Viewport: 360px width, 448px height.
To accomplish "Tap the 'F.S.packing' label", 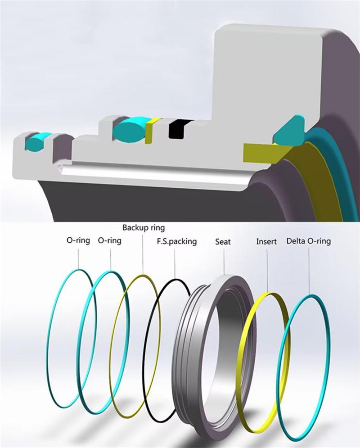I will [176, 241].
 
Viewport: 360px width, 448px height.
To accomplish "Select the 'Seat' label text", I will [223, 242].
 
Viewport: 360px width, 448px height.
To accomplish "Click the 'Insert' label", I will [266, 241].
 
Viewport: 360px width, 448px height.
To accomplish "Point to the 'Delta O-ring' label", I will [308, 241].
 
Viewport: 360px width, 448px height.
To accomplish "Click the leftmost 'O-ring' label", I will [79, 241].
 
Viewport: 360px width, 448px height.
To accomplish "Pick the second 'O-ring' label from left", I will [109, 241].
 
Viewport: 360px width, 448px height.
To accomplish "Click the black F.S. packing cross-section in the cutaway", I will [177, 129].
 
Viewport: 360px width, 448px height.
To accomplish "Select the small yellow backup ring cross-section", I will [151, 131].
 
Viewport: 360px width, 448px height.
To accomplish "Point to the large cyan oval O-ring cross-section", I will [129, 130].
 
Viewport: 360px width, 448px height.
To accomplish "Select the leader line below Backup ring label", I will [143, 252].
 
